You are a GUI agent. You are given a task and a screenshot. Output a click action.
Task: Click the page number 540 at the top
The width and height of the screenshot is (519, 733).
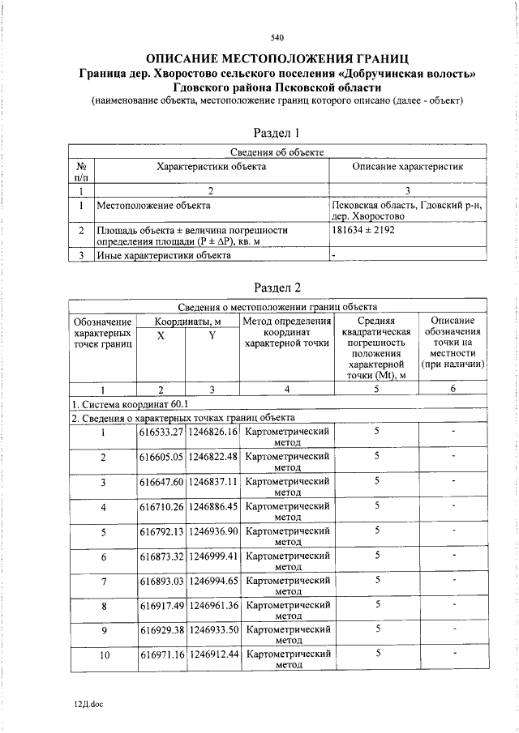point(277,38)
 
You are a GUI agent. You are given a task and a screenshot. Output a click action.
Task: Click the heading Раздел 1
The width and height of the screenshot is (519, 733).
point(277,133)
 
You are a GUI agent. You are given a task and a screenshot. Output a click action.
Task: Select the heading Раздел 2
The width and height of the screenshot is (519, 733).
point(277,287)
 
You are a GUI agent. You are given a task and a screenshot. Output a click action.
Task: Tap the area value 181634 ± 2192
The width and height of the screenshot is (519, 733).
point(363,230)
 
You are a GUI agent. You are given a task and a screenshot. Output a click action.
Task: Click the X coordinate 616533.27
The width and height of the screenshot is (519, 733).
point(161,433)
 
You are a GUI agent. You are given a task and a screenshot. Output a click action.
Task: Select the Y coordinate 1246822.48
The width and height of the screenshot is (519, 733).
point(212,457)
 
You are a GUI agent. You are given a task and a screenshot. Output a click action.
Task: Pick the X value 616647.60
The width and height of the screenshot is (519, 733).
point(161,482)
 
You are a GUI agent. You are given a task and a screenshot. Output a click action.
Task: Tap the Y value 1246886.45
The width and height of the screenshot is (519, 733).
point(212,507)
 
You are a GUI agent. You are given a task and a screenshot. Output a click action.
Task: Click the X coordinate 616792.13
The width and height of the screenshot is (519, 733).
point(161,532)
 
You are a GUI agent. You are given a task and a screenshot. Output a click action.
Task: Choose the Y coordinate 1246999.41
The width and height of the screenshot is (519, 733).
point(212,557)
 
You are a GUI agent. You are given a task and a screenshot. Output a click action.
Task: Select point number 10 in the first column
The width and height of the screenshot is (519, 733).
point(104,655)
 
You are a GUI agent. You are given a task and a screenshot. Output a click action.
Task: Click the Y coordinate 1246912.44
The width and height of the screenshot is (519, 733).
point(212,654)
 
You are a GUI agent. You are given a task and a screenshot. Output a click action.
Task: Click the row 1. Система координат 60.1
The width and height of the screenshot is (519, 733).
point(130,403)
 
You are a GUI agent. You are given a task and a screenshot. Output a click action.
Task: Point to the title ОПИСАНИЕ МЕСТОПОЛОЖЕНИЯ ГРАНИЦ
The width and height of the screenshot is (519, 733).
point(277,59)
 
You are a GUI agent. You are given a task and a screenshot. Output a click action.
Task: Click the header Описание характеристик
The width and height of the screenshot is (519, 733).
point(407,166)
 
